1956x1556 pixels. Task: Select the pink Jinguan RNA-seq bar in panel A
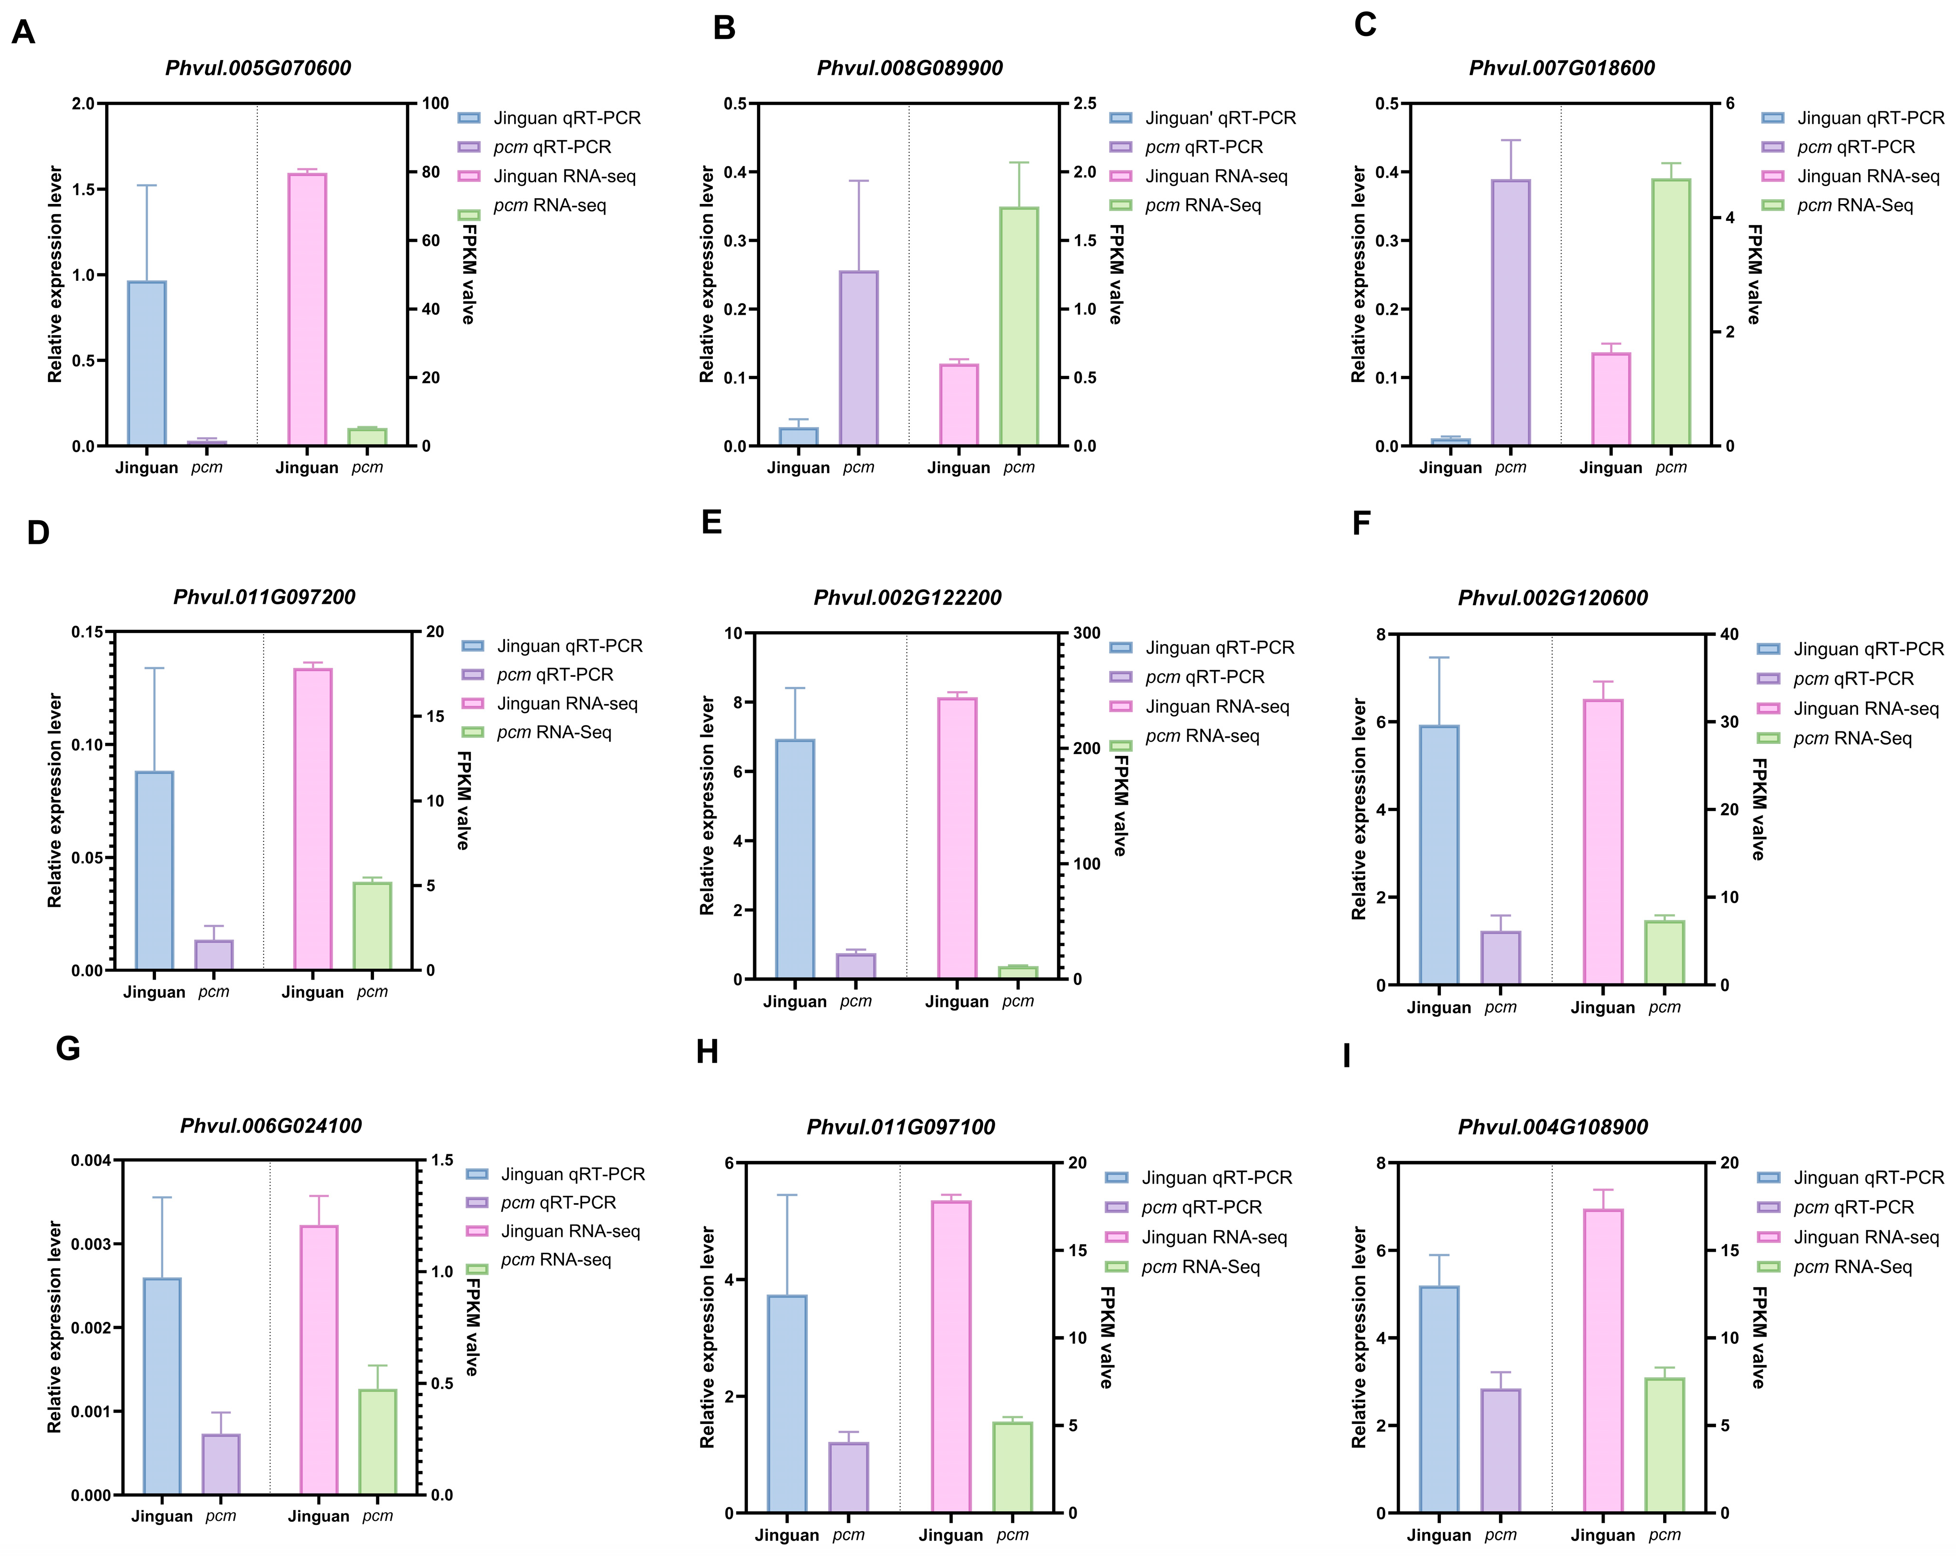point(307,310)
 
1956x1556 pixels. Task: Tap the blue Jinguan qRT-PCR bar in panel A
point(147,363)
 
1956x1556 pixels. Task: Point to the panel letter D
point(38,533)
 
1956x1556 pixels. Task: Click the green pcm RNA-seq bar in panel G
point(377,1442)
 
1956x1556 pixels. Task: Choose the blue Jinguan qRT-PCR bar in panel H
point(787,1403)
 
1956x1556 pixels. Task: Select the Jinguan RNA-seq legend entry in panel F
point(1848,708)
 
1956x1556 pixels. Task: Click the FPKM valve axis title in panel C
point(1754,274)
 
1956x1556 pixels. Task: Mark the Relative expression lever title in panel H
point(708,1337)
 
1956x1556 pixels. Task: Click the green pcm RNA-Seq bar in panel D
point(372,926)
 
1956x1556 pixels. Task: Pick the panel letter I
point(1347,1056)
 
